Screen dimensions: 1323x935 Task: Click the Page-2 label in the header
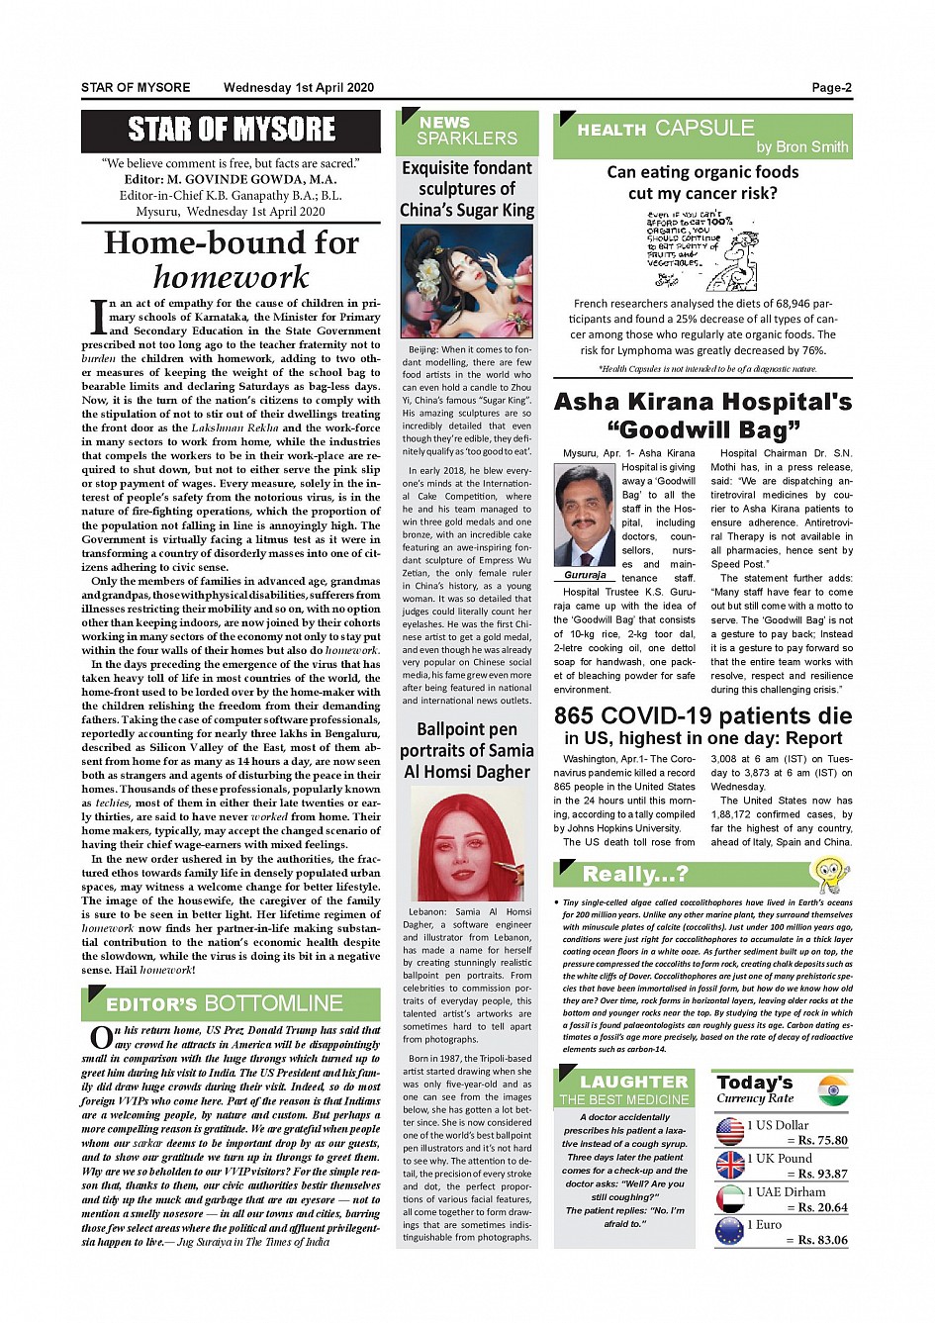click(x=831, y=88)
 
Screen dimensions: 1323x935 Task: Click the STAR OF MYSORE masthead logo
click(x=232, y=130)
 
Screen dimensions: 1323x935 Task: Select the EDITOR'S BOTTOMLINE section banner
click(x=231, y=1003)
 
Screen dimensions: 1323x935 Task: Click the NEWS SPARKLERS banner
click(x=467, y=131)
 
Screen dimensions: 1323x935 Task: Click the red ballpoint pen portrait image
click(x=467, y=844)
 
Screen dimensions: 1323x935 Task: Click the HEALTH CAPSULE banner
click(x=702, y=135)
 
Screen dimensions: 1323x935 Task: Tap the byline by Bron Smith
click(x=801, y=147)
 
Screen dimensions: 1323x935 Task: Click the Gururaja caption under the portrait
click(x=585, y=575)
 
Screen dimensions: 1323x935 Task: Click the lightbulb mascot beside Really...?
click(x=828, y=875)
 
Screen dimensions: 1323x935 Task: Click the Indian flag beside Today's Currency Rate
click(x=834, y=1090)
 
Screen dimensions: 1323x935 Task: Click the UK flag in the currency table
click(x=730, y=1165)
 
